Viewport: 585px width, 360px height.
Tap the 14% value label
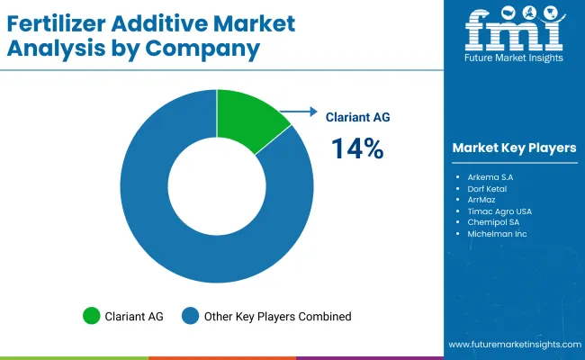click(357, 148)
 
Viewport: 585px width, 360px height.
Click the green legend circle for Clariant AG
click(91, 316)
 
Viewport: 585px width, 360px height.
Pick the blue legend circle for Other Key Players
click(190, 316)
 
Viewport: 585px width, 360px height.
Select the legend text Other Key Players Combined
click(276, 316)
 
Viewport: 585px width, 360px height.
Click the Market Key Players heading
click(514, 147)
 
